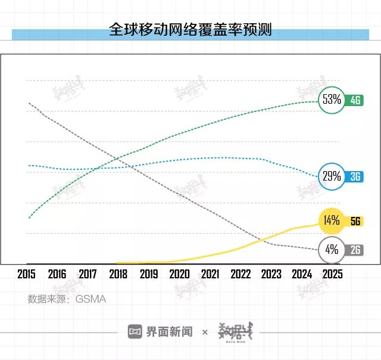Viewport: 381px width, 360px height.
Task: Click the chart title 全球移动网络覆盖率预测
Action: [190, 29]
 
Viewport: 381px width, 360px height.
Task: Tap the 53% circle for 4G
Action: [332, 100]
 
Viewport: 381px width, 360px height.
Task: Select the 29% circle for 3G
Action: [332, 176]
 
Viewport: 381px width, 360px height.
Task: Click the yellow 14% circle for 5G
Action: [332, 221]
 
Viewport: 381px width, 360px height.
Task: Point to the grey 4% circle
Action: [332, 250]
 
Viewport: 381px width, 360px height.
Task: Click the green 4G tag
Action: [356, 100]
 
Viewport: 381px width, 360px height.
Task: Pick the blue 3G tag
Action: [356, 176]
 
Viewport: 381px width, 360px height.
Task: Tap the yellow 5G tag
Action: [356, 221]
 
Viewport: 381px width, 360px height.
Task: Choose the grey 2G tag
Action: [356, 250]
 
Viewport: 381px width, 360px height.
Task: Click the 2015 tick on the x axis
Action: [27, 275]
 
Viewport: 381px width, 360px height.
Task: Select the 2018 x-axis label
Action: [118, 275]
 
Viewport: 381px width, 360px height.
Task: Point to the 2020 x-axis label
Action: [179, 275]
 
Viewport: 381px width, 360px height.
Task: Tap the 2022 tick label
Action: [241, 275]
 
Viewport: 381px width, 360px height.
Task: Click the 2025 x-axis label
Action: [332, 275]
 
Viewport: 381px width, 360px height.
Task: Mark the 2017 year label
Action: [88, 275]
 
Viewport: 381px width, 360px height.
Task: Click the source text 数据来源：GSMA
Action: [67, 299]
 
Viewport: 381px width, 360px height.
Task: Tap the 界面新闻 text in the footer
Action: [170, 332]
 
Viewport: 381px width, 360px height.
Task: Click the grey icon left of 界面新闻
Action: [135, 332]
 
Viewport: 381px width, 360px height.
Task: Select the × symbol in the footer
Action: [205, 332]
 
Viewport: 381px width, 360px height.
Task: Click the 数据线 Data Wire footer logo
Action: [235, 332]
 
